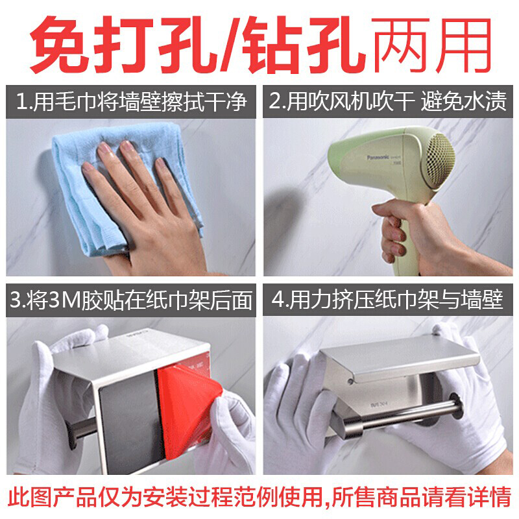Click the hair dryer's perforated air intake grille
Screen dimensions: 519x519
(x=441, y=160)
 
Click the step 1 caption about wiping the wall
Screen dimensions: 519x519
(x=131, y=102)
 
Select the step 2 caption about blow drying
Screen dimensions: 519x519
(x=387, y=101)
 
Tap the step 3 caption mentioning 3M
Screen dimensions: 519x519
(x=131, y=300)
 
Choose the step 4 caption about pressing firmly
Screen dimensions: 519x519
(x=387, y=300)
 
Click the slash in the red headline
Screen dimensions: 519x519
(x=229, y=45)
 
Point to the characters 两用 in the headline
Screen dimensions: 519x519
(x=430, y=45)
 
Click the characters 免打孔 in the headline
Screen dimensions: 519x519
(x=123, y=45)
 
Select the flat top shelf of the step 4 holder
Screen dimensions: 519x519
(x=400, y=357)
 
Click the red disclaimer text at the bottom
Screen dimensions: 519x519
(x=259, y=497)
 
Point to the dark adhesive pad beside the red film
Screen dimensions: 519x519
(x=127, y=420)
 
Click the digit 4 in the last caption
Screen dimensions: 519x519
(x=278, y=300)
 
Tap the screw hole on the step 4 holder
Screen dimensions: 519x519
(x=350, y=381)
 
